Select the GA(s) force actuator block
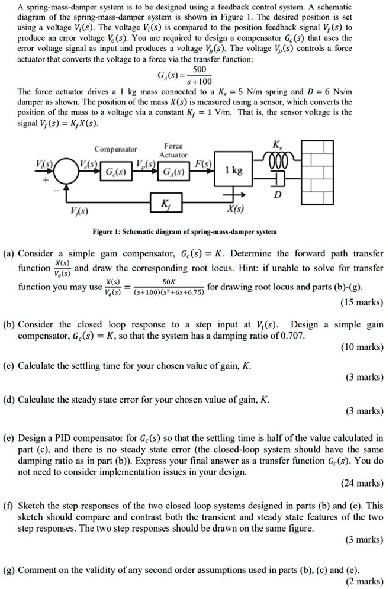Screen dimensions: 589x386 [x=173, y=173]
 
